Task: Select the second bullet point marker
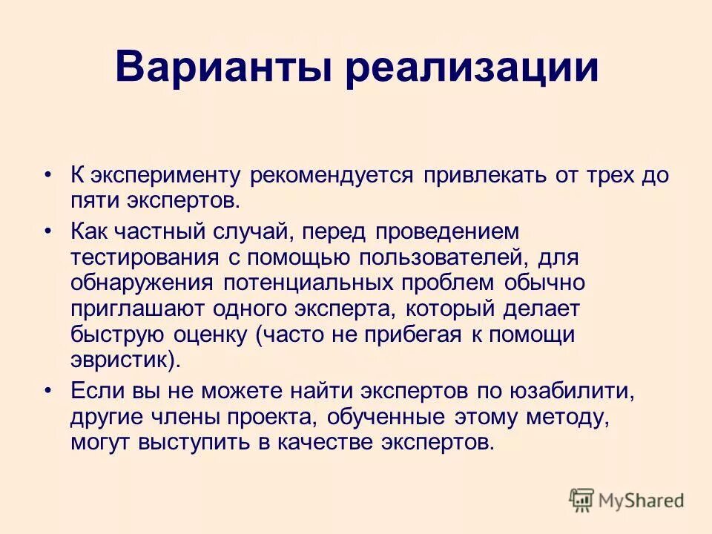click(48, 232)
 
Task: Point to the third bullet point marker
click(48, 391)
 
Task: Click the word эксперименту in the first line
click(165, 177)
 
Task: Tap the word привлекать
click(485, 176)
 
